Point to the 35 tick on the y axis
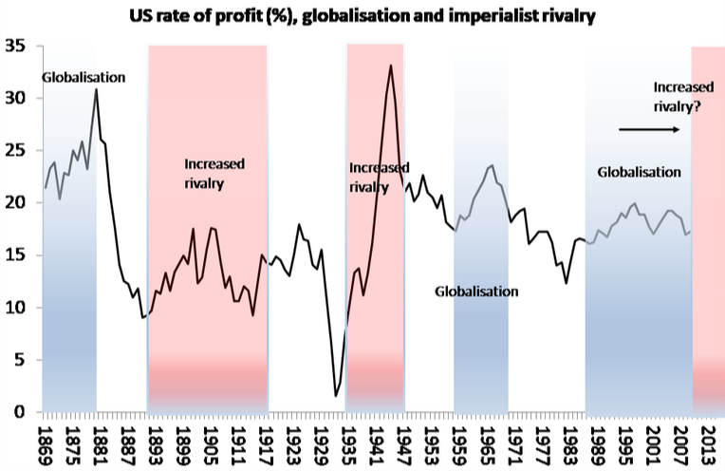point(17,46)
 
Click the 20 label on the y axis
point(17,203)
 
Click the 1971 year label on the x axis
point(513,443)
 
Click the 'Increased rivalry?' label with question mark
point(678,97)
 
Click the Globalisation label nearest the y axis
point(84,77)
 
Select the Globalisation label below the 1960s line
point(476,292)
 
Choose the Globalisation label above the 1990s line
point(640,172)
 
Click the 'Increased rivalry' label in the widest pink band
point(214,173)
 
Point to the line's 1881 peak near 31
point(97,89)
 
